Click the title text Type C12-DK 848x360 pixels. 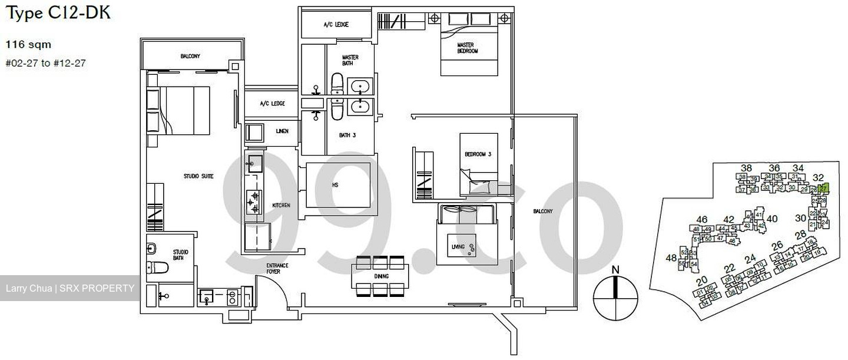click(x=58, y=12)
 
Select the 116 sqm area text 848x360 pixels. click(x=28, y=44)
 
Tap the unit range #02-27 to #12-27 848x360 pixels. click(x=45, y=63)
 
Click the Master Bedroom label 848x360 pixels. click(x=468, y=48)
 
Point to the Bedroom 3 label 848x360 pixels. click(x=478, y=154)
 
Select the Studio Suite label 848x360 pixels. click(x=198, y=176)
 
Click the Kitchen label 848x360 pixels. click(x=281, y=206)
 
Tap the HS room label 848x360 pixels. click(x=335, y=185)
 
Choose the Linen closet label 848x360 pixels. click(x=282, y=131)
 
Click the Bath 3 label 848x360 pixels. click(x=347, y=135)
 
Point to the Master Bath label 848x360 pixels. click(x=350, y=61)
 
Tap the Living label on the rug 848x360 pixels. click(x=458, y=246)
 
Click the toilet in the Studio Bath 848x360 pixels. click(x=157, y=267)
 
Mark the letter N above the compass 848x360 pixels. click(x=615, y=270)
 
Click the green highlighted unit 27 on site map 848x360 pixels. click(x=824, y=189)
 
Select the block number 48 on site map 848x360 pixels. click(x=671, y=258)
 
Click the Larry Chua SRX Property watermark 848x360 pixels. click(x=69, y=288)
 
